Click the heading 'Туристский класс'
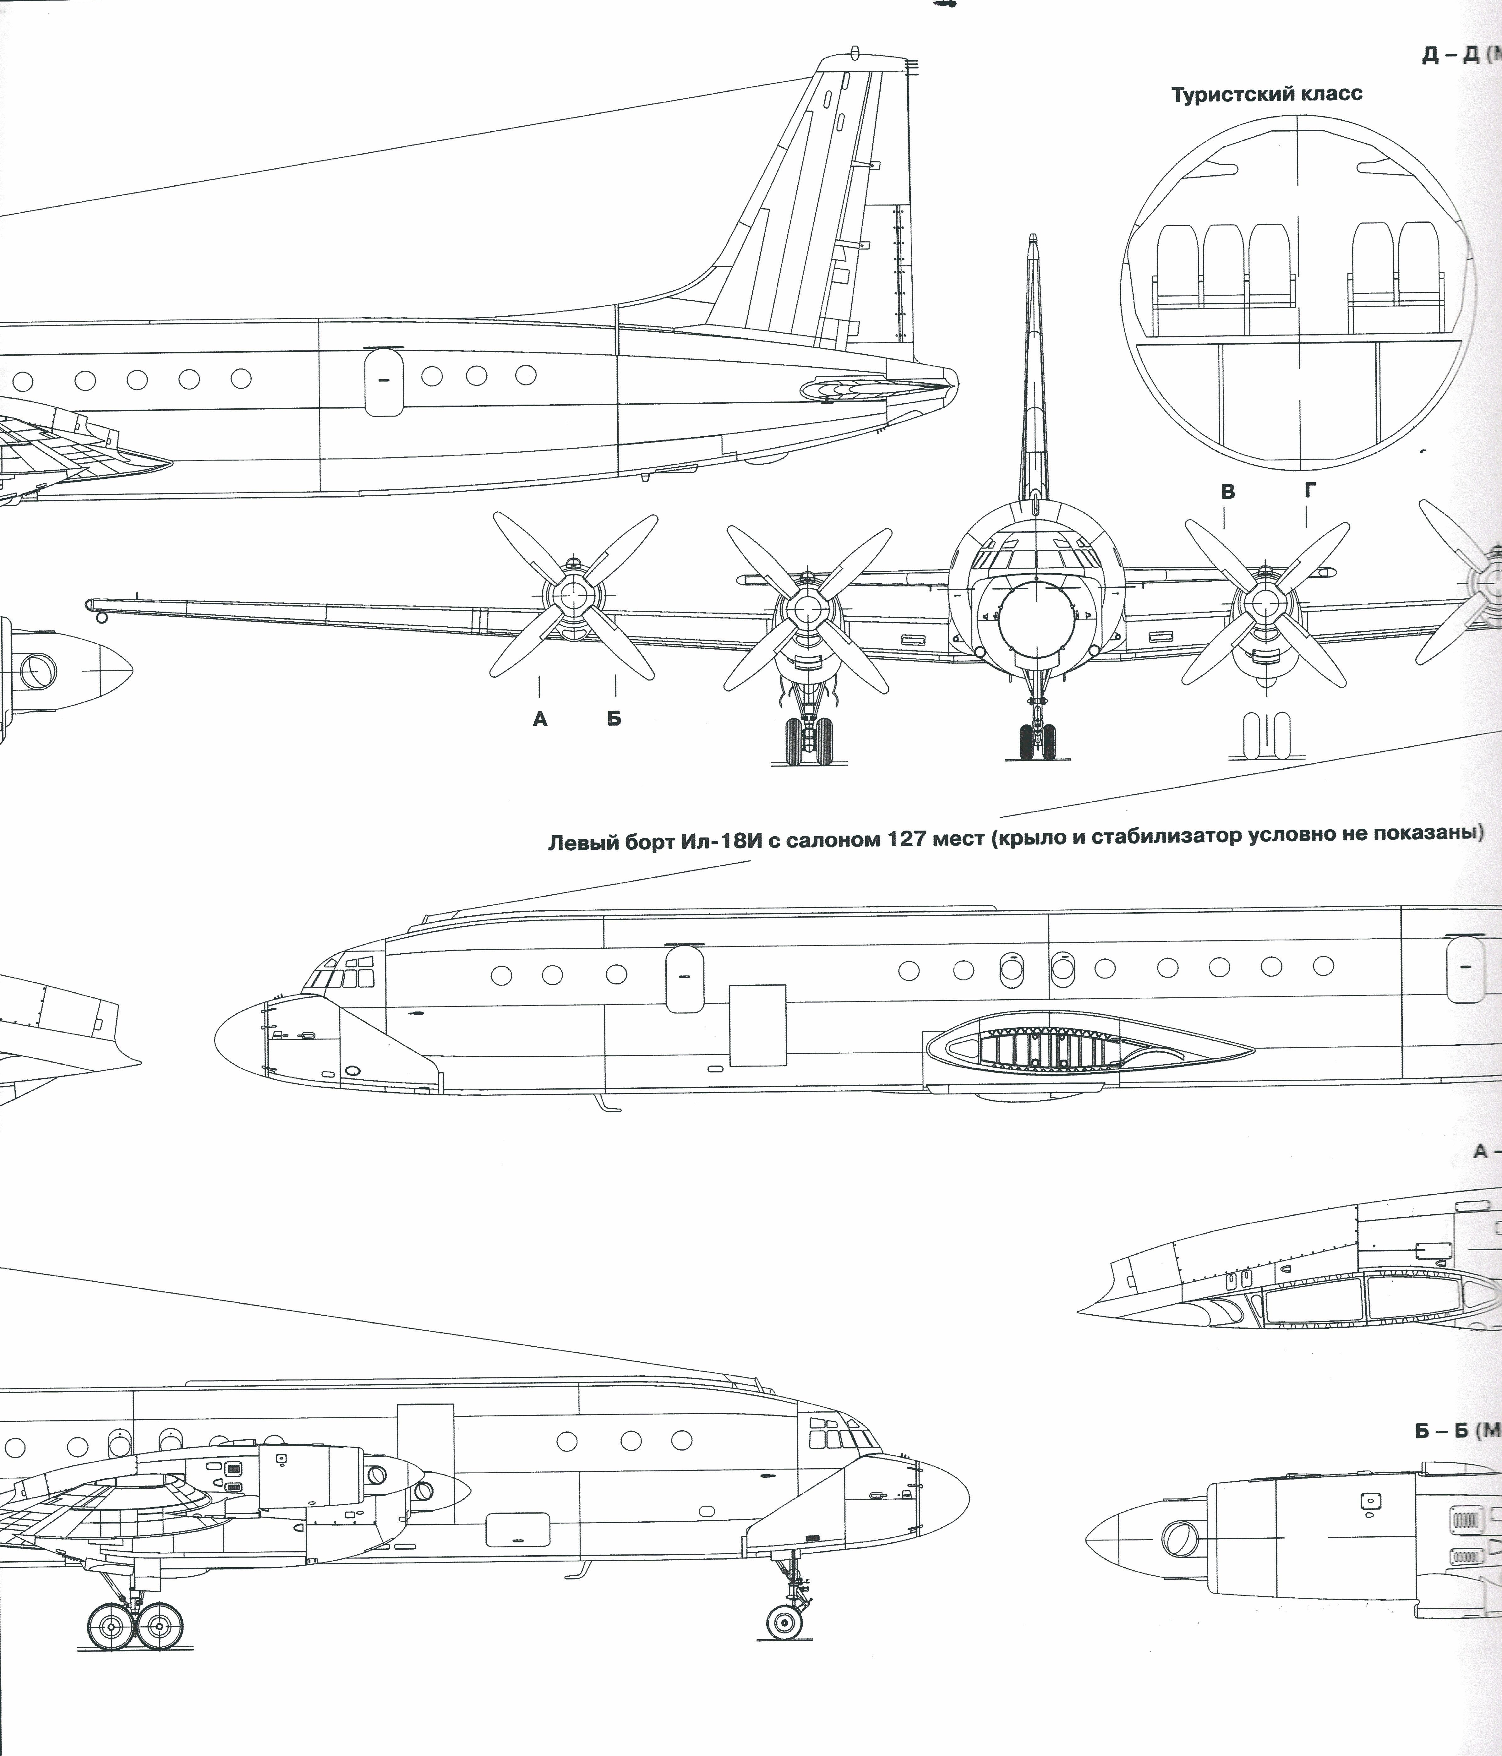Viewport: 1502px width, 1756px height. point(1266,94)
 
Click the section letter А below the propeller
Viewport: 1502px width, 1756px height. point(540,719)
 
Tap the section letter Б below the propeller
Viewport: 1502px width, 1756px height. point(614,719)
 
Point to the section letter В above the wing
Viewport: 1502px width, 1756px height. point(1227,492)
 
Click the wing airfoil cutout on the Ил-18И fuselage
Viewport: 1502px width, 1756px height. point(1089,1048)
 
